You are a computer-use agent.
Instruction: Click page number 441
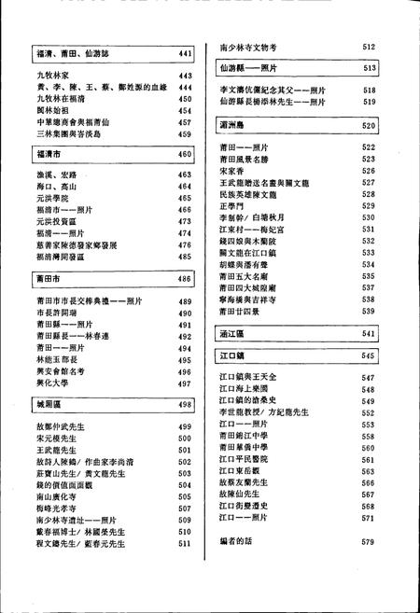pyautogui.click(x=185, y=55)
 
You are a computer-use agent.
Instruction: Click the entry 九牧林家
pyautogui.click(x=49, y=76)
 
